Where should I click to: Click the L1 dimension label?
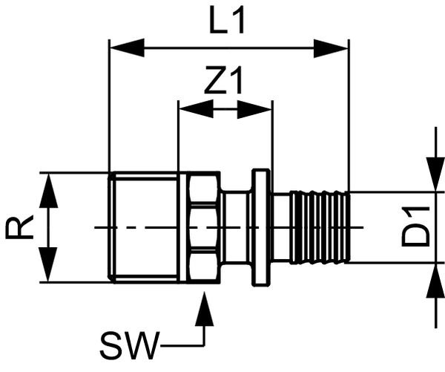pyautogui.click(x=226, y=23)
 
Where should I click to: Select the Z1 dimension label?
pyautogui.click(x=224, y=82)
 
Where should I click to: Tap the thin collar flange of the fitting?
pyautogui.click(x=260, y=227)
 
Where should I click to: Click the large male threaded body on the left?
pyautogui.click(x=145, y=227)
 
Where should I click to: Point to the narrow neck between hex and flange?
pyautogui.click(x=237, y=227)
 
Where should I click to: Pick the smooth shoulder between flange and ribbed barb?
pyautogui.click(x=281, y=227)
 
